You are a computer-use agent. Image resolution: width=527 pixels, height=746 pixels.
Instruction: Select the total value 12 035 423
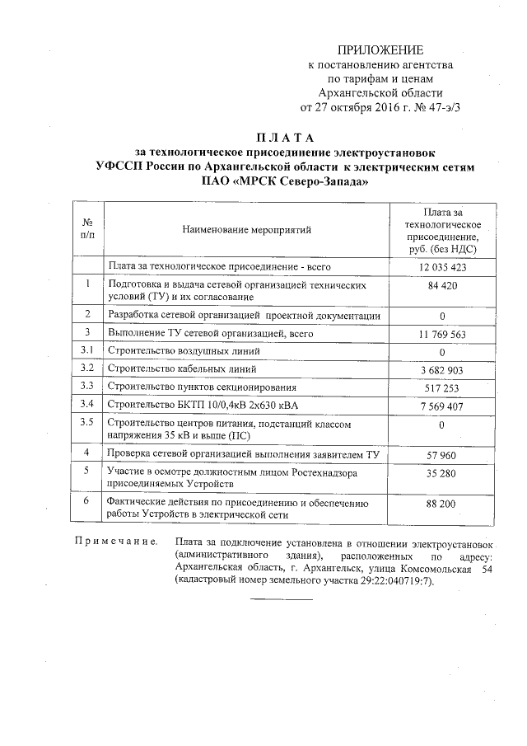[442, 267]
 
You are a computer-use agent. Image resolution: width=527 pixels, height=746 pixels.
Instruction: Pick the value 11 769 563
[442, 334]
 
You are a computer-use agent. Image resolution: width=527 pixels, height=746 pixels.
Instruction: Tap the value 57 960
[442, 453]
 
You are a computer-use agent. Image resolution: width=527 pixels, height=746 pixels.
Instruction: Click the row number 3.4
[86, 404]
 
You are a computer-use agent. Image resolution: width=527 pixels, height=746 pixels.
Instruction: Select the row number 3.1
[86, 351]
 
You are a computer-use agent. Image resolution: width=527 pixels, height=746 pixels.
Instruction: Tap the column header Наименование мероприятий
[247, 231]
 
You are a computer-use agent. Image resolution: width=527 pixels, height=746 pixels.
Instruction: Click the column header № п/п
[86, 230]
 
